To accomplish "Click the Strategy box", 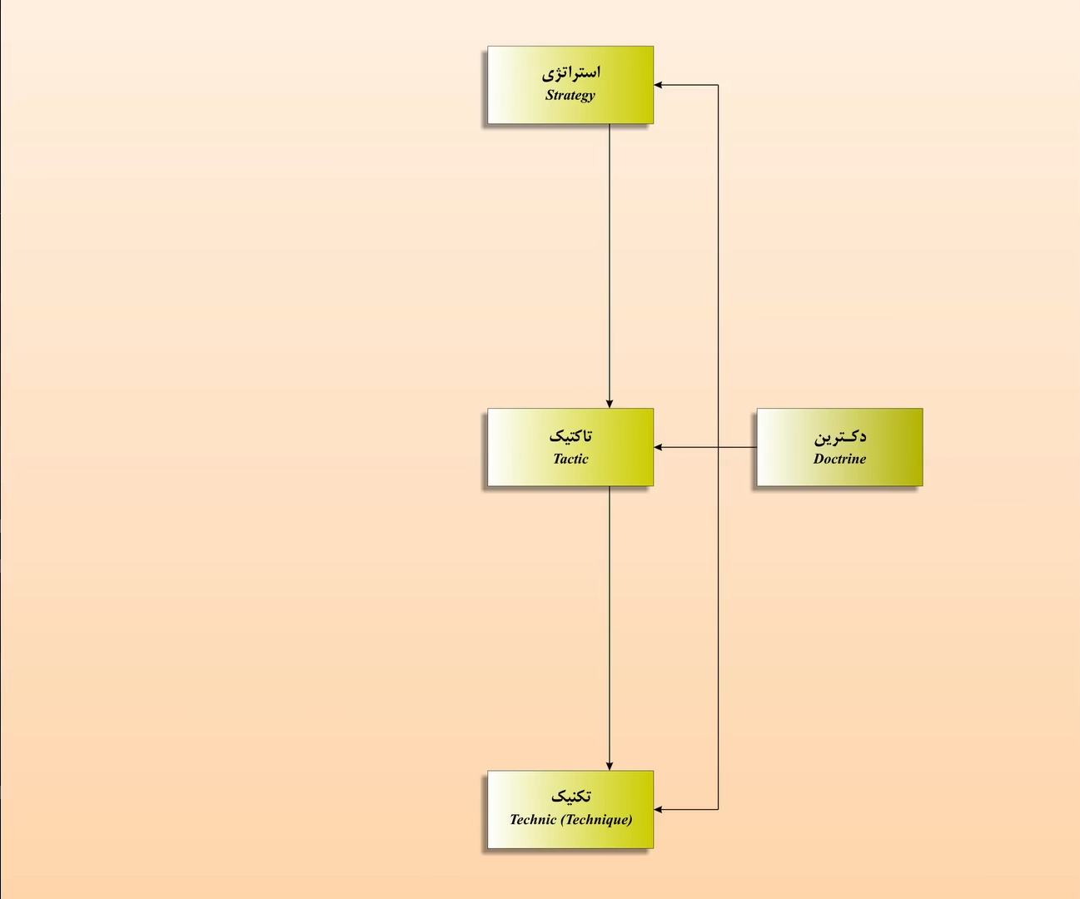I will coord(570,85).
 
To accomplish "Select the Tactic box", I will coord(570,447).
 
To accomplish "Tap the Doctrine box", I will coord(839,447).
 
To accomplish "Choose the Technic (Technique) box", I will coord(570,809).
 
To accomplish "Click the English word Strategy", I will coord(570,95).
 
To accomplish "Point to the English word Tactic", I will coord(570,459).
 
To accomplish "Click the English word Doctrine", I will coord(839,459).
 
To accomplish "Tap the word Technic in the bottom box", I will coord(533,820).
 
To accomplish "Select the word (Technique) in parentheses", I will coord(596,820).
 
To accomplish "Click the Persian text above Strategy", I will coord(571,72).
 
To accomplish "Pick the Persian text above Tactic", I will coord(570,436).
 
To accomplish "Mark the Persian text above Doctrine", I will coord(840,436).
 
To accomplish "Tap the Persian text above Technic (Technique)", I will coord(571,797).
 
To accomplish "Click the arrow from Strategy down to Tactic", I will coord(610,266).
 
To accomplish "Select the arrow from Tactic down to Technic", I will coord(610,628).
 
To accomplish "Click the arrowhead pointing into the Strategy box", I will coord(659,85).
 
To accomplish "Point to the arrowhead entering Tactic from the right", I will coord(659,447).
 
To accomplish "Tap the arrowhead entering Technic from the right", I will coord(659,809).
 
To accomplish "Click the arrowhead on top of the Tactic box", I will coord(610,404).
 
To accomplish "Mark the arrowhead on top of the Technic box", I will coord(610,766).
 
